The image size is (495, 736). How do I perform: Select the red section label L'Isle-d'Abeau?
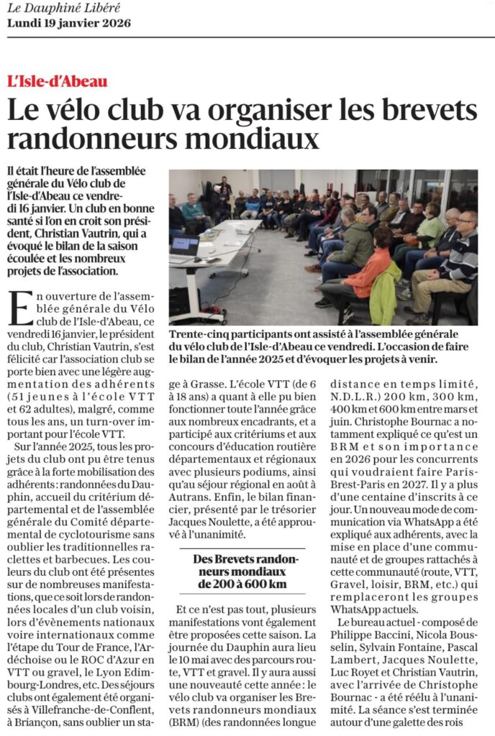click(58, 80)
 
